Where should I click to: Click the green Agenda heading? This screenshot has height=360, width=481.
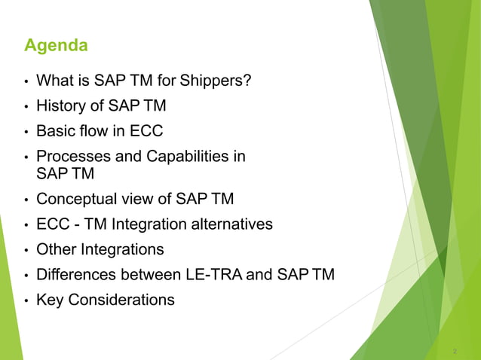pyautogui.click(x=56, y=47)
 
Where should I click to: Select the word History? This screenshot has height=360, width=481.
pyautogui.click(x=63, y=106)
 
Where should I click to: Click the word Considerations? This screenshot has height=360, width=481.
pyautogui.click(x=121, y=300)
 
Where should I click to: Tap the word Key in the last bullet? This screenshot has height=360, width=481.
pyautogui.click(x=50, y=300)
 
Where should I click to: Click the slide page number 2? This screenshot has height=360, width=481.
pyautogui.click(x=455, y=352)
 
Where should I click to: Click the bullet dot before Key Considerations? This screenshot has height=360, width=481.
pyautogui.click(x=26, y=301)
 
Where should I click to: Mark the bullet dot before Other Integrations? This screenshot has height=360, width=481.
pyautogui.click(x=26, y=250)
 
